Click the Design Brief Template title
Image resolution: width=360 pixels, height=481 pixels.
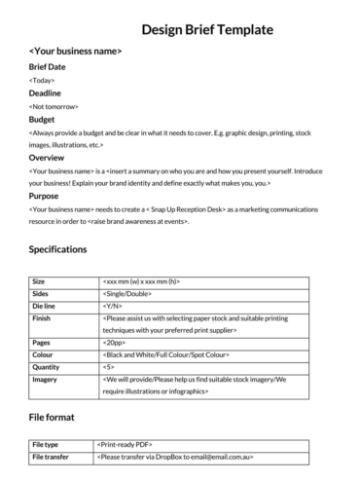207,29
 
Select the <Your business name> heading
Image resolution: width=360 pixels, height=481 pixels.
75,51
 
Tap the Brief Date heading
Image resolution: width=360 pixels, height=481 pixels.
49,66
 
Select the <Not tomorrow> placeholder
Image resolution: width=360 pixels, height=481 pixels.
54,105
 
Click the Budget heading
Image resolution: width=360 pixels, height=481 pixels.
42,119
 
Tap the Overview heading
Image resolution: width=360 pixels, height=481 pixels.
47,157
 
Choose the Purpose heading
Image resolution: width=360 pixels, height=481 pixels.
45,195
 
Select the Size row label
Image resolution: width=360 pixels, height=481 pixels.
39,280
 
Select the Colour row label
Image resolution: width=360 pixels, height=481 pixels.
43,354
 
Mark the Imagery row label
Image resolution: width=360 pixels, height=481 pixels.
45,380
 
